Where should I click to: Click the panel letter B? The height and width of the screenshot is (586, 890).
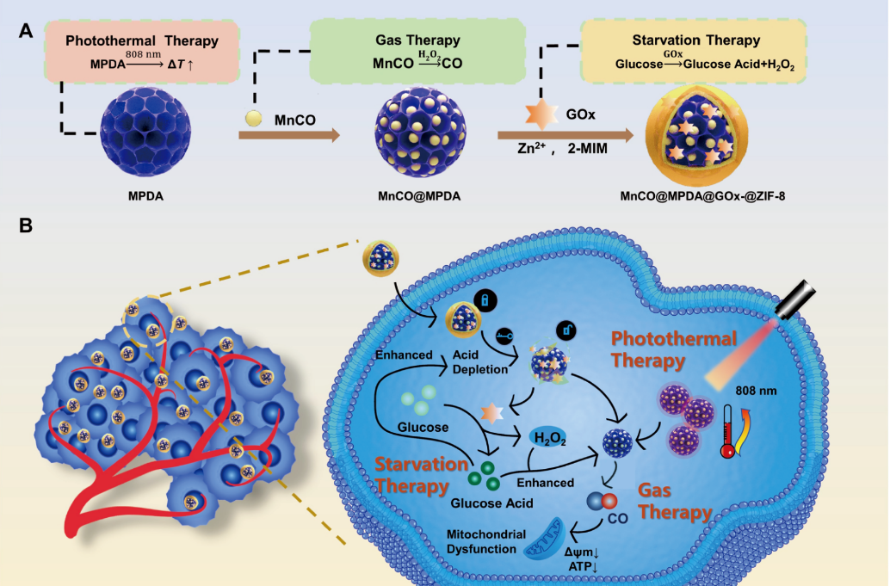(x=26, y=225)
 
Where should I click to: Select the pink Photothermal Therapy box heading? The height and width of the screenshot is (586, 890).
(x=142, y=40)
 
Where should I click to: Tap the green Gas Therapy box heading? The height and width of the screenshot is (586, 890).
(x=417, y=40)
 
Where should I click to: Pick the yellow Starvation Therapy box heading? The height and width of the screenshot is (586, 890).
(x=695, y=40)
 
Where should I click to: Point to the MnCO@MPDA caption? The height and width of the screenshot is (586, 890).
(x=418, y=195)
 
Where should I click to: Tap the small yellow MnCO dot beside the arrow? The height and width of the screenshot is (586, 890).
(x=253, y=117)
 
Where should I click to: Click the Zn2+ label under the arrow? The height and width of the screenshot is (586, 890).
(x=523, y=149)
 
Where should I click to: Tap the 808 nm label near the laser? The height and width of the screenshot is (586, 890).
(x=756, y=391)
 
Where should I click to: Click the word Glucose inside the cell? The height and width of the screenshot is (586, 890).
(x=424, y=428)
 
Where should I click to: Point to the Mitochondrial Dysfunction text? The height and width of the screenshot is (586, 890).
(x=485, y=541)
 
